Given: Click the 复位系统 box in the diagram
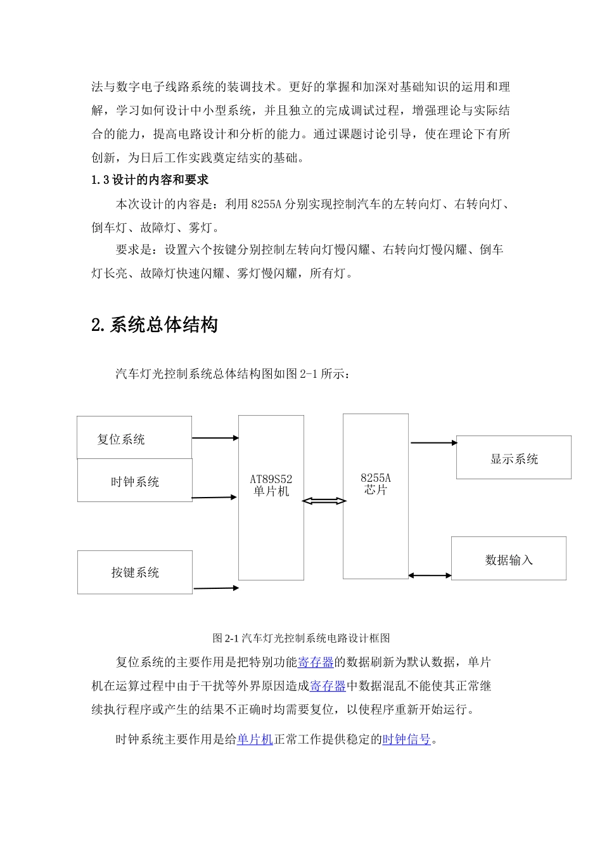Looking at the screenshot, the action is (134, 438).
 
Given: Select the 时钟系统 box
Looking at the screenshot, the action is (134, 481).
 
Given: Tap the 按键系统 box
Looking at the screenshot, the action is (134, 572).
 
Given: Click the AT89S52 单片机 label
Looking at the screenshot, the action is (271, 486).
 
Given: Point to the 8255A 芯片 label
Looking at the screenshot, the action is (376, 484).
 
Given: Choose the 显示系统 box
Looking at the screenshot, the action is (513, 458).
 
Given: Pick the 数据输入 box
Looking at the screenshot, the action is (508, 559).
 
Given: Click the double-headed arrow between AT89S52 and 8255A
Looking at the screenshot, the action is (324, 501).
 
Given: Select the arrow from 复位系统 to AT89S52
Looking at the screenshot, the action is (215, 438).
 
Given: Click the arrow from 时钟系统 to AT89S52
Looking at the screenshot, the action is (215, 498).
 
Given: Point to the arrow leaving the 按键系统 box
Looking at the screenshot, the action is (216, 588).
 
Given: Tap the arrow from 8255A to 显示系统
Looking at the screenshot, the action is (433, 443).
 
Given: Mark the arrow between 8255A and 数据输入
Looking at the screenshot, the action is (430, 576).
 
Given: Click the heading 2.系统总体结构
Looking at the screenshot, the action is (155, 325).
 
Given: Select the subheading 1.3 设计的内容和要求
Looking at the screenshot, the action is (150, 180).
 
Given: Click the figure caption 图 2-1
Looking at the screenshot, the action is (301, 638).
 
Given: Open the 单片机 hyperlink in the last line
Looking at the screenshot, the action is (255, 739).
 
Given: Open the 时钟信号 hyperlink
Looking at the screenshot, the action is (406, 739).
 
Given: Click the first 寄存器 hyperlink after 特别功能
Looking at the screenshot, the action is (316, 662).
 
